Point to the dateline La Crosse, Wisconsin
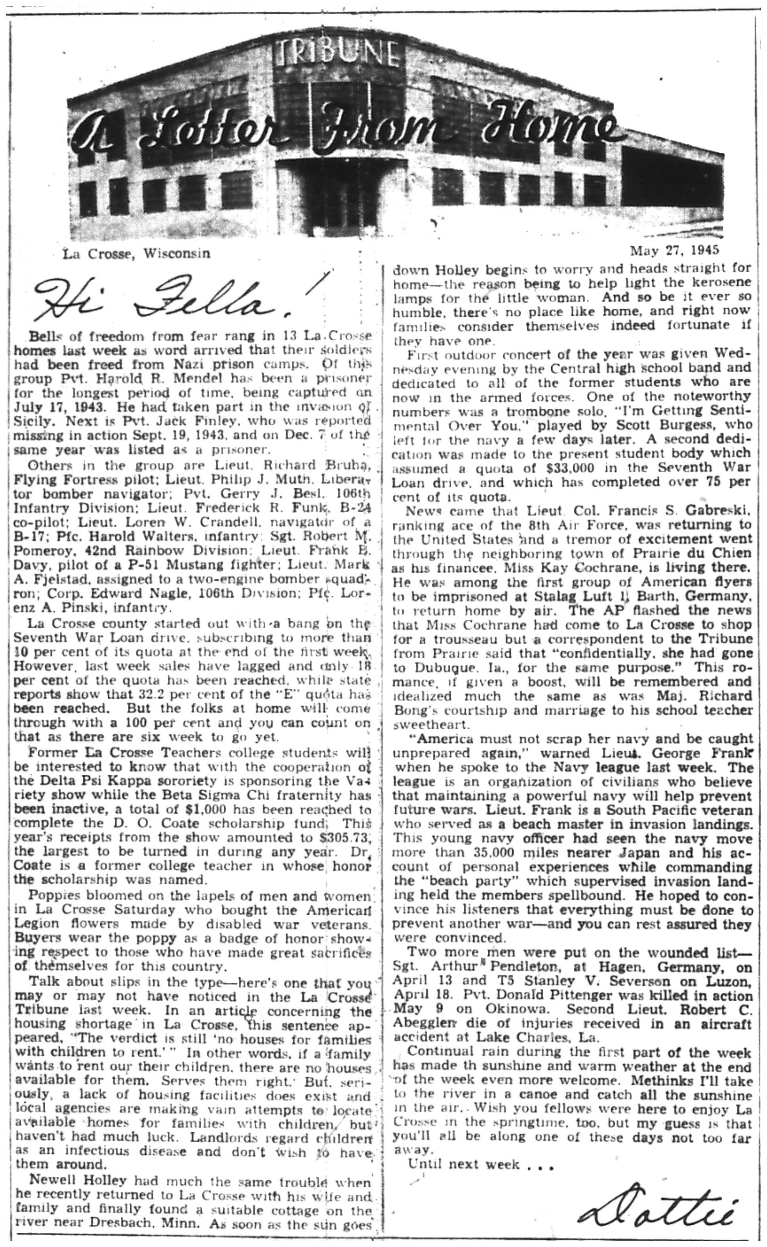click(x=136, y=254)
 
